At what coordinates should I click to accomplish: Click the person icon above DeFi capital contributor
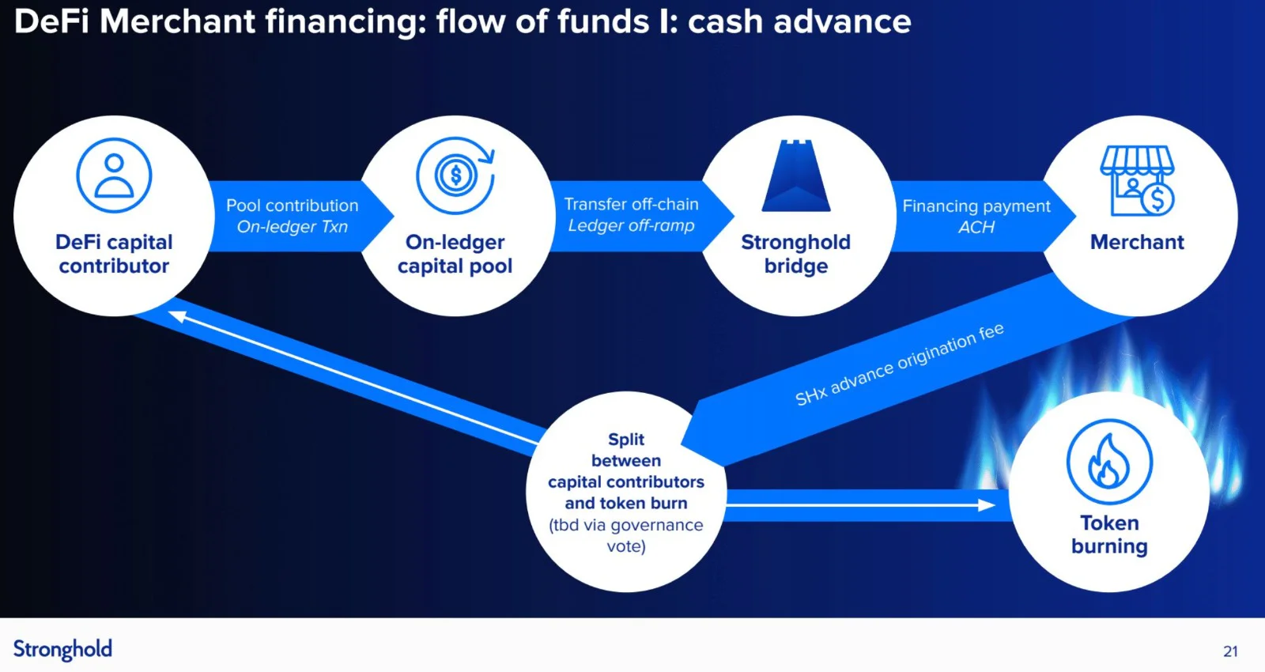[114, 175]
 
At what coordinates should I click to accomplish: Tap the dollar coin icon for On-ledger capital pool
[455, 175]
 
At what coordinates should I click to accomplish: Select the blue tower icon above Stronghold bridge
[796, 176]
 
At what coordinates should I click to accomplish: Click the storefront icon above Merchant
[1138, 181]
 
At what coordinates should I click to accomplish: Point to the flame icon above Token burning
[1109, 462]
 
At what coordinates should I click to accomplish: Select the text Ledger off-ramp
[631, 225]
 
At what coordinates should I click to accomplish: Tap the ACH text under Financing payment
[976, 227]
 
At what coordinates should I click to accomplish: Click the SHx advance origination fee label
[899, 364]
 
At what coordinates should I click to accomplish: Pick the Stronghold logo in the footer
[62, 650]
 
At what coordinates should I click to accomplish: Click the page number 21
[1230, 651]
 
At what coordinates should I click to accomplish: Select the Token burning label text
[1109, 534]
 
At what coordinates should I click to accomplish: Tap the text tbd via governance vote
[625, 535]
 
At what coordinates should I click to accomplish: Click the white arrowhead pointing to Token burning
[986, 505]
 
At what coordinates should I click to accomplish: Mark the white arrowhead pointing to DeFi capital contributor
[178, 316]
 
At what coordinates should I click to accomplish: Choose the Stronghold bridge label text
[795, 254]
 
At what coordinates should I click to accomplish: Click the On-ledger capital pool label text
[455, 254]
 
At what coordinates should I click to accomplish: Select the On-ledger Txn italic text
[292, 226]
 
